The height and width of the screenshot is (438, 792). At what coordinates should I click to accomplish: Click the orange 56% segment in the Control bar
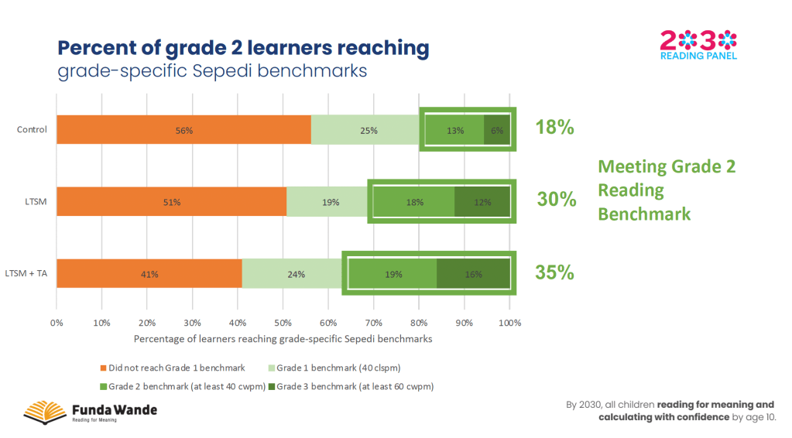[x=183, y=130]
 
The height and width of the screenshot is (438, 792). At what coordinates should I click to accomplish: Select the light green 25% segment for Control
[x=368, y=130]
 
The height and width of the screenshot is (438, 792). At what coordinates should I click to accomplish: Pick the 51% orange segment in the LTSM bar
[x=171, y=202]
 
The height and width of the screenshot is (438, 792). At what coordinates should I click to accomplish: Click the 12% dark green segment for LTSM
[x=482, y=202]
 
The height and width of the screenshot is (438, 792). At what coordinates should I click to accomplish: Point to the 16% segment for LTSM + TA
[x=473, y=274]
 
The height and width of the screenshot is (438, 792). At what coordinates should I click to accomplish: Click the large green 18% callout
[x=554, y=128]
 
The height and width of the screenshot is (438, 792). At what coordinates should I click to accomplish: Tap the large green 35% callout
[x=554, y=272]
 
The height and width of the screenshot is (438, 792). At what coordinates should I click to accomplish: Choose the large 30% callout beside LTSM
[x=557, y=200]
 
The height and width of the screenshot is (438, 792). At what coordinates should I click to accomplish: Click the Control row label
[x=32, y=129]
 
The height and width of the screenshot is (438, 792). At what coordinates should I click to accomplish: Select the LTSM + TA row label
[x=26, y=273]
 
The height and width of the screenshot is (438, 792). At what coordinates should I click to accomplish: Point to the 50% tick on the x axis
[x=283, y=321]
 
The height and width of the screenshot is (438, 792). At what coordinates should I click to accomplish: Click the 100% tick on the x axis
[x=509, y=321]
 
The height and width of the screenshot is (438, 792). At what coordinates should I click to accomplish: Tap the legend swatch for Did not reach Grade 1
[x=103, y=367]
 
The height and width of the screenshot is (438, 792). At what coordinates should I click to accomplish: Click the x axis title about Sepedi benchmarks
[x=283, y=339]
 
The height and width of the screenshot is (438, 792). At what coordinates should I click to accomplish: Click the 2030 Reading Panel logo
[x=698, y=44]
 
